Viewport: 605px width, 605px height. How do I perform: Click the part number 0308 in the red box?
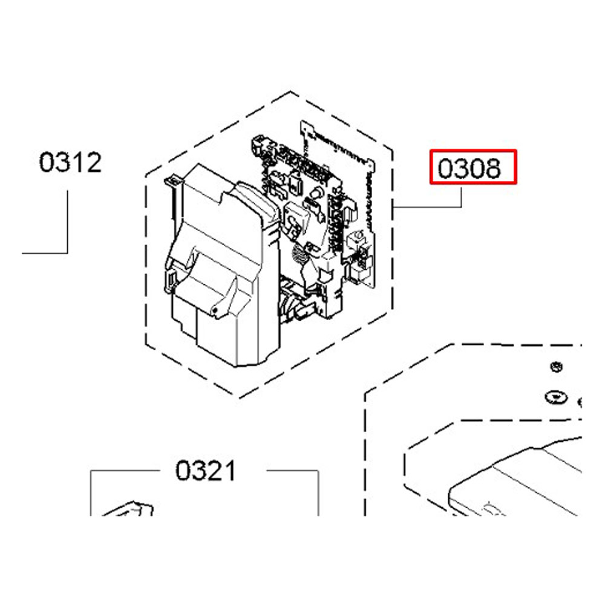(473, 167)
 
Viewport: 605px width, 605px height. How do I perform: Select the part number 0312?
(70, 162)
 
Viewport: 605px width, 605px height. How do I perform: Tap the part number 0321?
(206, 470)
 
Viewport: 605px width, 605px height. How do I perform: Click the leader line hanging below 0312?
(67, 224)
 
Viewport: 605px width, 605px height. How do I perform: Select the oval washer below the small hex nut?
(555, 397)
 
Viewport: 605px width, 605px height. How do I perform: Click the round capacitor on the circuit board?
(315, 195)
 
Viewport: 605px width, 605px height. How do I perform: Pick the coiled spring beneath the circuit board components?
(296, 253)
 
